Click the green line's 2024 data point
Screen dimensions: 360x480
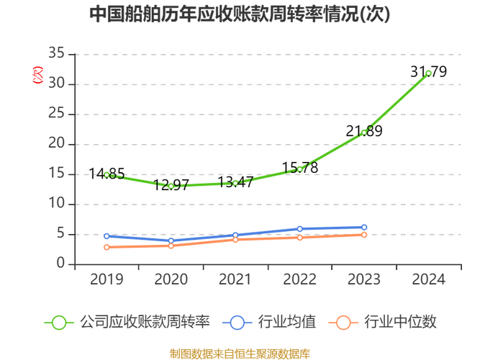click(429, 73)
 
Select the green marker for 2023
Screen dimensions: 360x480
click(364, 132)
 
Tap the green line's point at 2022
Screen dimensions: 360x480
click(300, 168)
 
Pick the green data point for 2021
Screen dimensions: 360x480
click(235, 183)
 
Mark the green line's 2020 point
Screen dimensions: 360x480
click(171, 186)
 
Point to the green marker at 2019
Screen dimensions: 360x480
click(107, 174)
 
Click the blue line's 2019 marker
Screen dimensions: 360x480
click(107, 236)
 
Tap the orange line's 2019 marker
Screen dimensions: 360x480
click(107, 247)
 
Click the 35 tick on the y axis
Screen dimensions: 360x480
click(57, 53)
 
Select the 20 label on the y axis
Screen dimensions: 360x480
click(57, 143)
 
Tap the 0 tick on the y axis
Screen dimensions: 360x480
click(61, 264)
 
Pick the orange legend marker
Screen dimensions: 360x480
click(344, 322)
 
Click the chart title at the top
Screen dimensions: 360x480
click(240, 14)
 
